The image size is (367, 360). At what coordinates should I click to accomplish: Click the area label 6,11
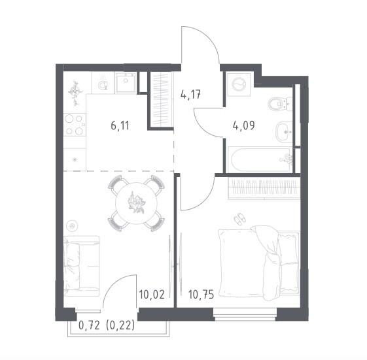120,126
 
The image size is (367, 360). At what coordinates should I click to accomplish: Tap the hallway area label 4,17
191,95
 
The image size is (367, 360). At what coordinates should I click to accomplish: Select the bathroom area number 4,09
243,125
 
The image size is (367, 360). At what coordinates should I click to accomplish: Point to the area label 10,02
152,294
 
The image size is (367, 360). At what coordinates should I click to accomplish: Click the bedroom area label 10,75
201,295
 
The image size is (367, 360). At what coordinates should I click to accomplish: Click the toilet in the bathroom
279,105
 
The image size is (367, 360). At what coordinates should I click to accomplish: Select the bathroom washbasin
284,132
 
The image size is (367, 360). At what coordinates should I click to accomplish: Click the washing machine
239,84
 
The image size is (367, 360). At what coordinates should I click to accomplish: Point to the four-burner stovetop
75,125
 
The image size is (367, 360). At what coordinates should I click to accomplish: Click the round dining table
136,203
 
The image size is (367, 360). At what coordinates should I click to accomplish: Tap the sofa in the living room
82,266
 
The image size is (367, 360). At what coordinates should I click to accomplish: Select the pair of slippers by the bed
240,219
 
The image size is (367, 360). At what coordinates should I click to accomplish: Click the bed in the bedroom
259,263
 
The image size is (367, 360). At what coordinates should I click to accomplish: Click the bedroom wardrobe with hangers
264,188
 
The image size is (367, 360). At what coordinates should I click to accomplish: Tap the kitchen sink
126,82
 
